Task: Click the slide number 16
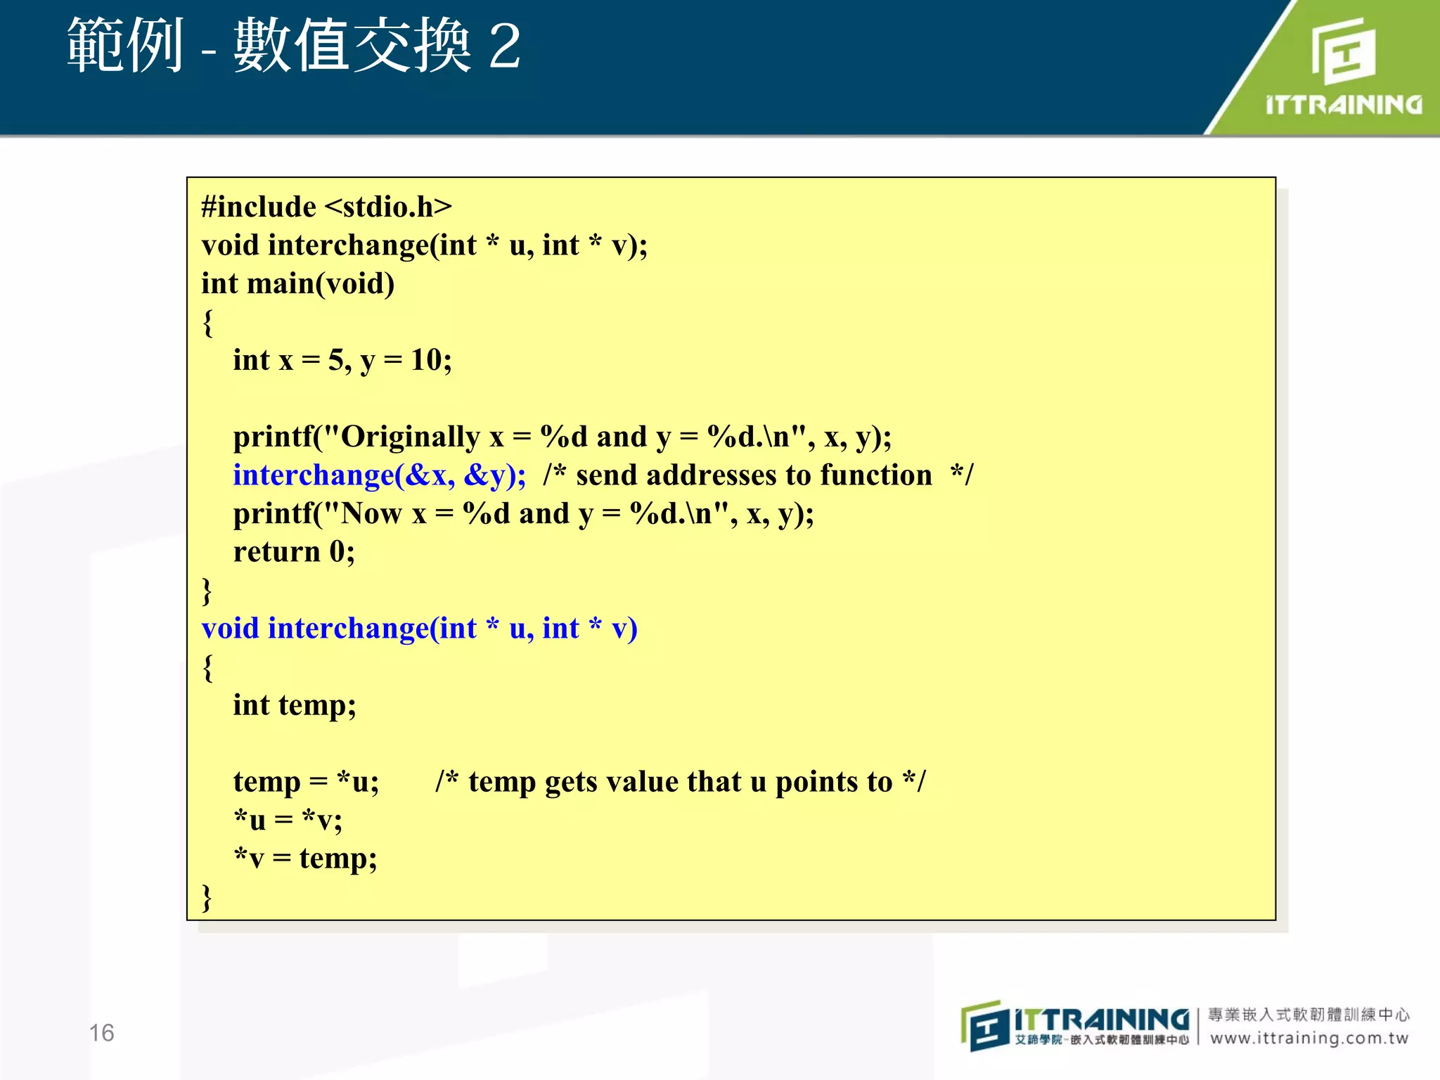101,1032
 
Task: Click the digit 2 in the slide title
504,46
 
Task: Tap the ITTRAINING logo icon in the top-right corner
1343,51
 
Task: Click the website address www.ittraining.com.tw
1309,1038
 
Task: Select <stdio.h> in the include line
389,207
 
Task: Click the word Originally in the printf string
410,437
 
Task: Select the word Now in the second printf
372,514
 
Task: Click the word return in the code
277,552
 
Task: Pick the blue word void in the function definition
230,629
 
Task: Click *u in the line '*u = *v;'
250,820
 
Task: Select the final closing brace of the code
207,896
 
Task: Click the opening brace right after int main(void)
207,323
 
